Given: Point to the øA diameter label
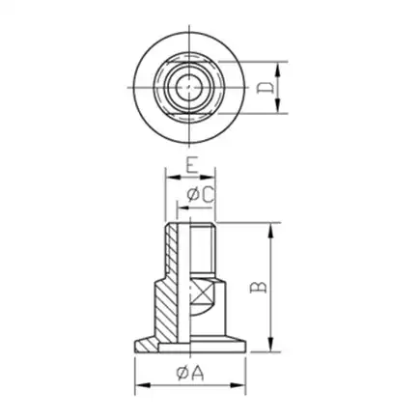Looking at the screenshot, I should [189, 373].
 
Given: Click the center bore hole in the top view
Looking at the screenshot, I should [185, 88].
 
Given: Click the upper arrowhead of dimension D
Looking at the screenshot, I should [279, 66].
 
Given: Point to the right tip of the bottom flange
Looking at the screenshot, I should [239, 344].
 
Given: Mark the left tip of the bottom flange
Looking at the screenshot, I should [136, 344].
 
